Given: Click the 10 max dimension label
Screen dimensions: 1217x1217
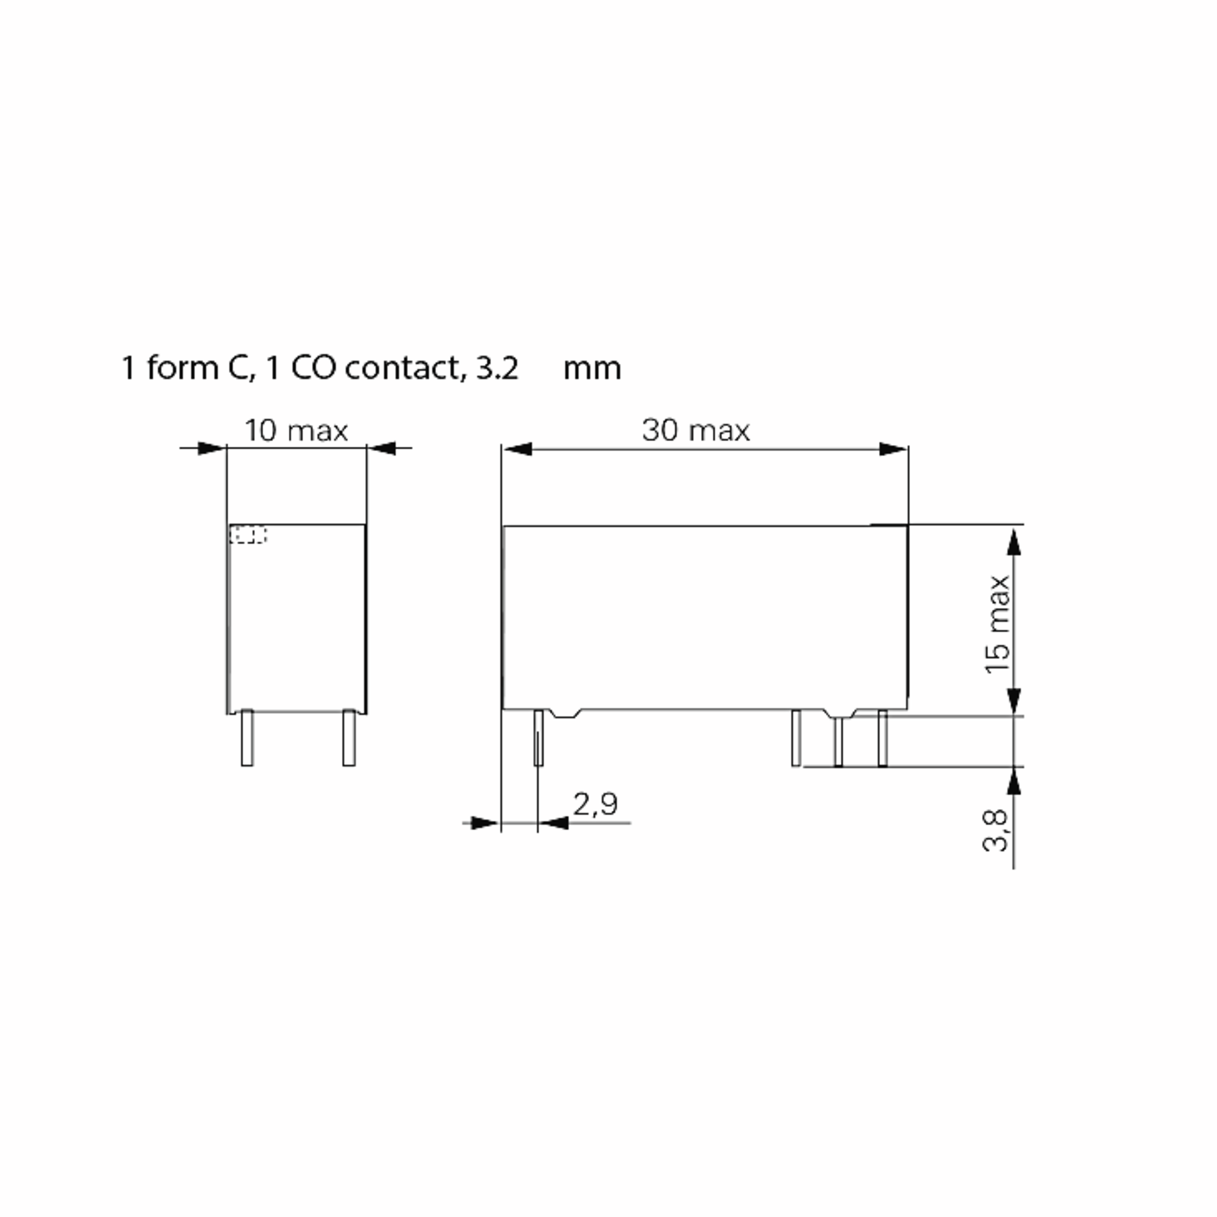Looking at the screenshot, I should pyautogui.click(x=296, y=431).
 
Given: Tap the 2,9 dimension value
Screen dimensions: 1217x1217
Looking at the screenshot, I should pyautogui.click(x=595, y=804).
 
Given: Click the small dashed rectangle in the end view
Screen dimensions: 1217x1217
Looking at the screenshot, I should pyautogui.click(x=247, y=535).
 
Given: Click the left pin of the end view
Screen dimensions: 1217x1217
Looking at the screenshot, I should pyautogui.click(x=247, y=738).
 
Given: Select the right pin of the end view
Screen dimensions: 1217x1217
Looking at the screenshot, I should pyautogui.click(x=348, y=738).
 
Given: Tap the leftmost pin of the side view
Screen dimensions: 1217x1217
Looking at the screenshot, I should pyautogui.click(x=539, y=738).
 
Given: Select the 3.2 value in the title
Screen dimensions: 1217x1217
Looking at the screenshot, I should pyautogui.click(x=497, y=368).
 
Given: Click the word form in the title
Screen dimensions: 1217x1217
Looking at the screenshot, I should pyautogui.click(x=183, y=368).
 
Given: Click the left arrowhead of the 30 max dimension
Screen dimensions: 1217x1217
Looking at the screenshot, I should pyautogui.click(x=518, y=449).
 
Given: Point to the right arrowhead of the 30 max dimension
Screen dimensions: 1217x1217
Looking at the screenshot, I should pyautogui.click(x=892, y=449).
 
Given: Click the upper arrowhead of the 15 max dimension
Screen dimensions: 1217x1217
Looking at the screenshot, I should pyautogui.click(x=1013, y=542).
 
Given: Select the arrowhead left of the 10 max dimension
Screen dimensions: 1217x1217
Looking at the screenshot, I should pyautogui.click(x=211, y=448).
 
